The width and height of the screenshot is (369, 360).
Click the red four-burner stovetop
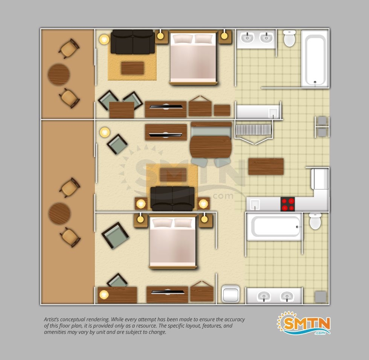pyautogui.click(x=288, y=204)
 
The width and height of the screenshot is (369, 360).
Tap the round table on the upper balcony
pyautogui.click(x=59, y=75)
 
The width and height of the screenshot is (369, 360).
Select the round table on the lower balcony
pyautogui.click(x=59, y=214)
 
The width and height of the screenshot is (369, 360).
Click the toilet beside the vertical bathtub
pyautogui.click(x=290, y=38)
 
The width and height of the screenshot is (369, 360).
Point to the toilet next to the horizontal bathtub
pyautogui.click(x=315, y=221)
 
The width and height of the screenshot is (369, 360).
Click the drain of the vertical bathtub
pyautogui.click(x=315, y=82)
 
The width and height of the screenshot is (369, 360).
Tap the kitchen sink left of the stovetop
pyautogui.click(x=255, y=204)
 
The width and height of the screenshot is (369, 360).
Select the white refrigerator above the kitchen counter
pyautogui.click(x=320, y=179)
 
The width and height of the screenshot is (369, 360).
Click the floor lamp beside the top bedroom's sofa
pyautogui.click(x=104, y=40)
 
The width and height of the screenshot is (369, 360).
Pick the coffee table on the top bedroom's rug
pyautogui.click(x=133, y=68)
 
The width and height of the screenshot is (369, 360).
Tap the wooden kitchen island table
pyautogui.click(x=266, y=166)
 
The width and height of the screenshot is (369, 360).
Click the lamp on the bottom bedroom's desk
pyautogui.click(x=104, y=294)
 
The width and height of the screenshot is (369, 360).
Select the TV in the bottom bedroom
pyautogui.click(x=168, y=292)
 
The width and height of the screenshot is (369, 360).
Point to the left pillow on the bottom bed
pyautogui.click(x=162, y=223)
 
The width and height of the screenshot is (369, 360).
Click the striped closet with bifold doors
pyautogui.click(x=253, y=130)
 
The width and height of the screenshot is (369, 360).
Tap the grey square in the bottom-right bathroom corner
pyautogui.click(x=320, y=297)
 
